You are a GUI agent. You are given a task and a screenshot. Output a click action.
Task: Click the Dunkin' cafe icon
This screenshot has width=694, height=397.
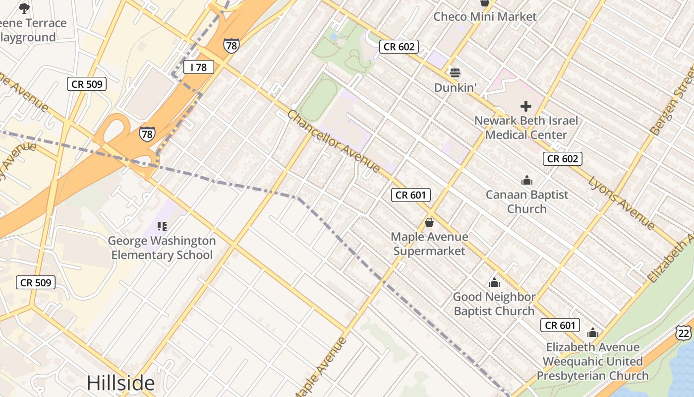[x=455, y=73]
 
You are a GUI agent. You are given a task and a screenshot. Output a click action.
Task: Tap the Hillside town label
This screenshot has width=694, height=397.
[x=120, y=383]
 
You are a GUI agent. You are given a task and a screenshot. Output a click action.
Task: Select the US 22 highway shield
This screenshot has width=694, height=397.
[x=684, y=333]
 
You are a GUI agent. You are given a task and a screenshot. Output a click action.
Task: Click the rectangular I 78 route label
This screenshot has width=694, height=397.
[x=198, y=67]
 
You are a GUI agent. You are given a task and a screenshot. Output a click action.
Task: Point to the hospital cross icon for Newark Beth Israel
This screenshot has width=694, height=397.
[x=525, y=106]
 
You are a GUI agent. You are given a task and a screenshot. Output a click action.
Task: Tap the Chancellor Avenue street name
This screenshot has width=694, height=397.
[x=333, y=141]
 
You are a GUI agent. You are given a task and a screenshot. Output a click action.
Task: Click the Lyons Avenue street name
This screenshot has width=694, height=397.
[x=622, y=203]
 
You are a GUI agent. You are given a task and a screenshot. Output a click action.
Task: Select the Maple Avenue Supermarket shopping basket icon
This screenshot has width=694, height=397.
[x=429, y=222]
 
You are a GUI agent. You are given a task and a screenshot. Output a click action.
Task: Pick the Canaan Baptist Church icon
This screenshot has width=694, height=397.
[x=526, y=180]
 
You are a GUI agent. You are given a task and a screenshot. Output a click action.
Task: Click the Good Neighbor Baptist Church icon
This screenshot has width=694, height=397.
[x=494, y=283]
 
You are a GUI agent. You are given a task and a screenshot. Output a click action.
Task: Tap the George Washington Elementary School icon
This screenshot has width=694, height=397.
[x=162, y=226]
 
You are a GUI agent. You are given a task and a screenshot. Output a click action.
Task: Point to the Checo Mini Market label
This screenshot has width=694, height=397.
[x=485, y=17]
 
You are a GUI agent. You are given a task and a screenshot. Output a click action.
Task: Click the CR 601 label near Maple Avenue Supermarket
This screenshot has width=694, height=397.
[x=410, y=195]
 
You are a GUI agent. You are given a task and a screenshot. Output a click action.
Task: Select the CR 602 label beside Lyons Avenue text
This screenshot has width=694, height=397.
[x=562, y=159]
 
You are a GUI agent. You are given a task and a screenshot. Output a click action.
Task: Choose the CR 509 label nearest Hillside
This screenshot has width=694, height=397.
[x=35, y=283]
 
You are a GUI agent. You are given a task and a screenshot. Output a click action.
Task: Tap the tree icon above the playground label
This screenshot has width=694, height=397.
[x=24, y=8]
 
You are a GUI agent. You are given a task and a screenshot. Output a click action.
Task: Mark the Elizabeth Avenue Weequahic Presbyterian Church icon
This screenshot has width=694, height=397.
[x=592, y=333]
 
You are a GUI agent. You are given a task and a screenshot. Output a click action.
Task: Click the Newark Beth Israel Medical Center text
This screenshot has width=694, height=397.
[x=526, y=128]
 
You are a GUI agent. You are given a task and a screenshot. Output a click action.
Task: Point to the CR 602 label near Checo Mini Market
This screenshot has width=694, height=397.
[x=399, y=47]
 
